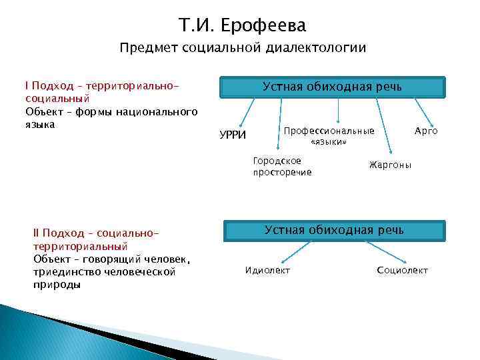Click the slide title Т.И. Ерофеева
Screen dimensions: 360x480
[243, 25]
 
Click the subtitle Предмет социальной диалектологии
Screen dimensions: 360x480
[243, 48]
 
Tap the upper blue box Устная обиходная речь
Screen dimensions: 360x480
[332, 87]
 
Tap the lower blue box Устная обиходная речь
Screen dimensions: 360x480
[334, 231]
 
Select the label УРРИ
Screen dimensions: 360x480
[233, 136]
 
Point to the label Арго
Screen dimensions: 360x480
[426, 131]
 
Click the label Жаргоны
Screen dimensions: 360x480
[390, 165]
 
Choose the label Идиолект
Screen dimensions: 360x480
[268, 270]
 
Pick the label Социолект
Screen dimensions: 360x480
[402, 270]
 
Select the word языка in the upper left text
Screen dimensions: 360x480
[39, 124]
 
